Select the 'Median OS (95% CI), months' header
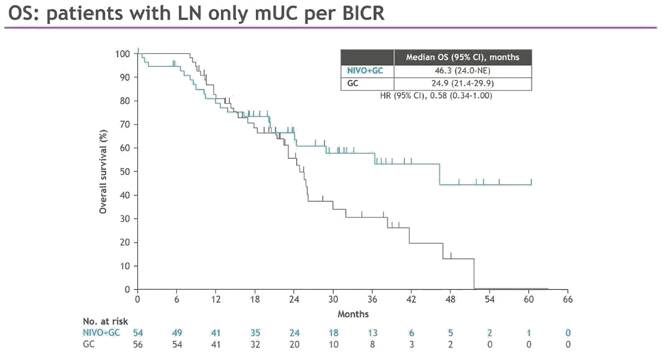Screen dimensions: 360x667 click(462, 57)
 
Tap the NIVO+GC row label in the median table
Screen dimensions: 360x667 click(366, 71)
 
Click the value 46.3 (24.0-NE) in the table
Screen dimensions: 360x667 click(462, 71)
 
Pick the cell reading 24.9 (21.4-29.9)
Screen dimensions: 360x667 click(462, 84)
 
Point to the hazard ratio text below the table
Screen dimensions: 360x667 click(436, 96)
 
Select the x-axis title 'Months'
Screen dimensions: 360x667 click(353, 314)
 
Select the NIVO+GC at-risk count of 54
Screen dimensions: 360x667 click(138, 333)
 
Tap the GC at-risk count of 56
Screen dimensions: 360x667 click(138, 344)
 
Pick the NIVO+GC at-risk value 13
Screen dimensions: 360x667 click(372, 333)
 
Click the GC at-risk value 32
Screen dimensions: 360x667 click(255, 344)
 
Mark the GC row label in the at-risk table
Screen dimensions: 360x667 click(89, 344)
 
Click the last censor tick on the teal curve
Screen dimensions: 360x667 click(532, 182)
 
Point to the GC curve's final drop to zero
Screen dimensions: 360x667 click(474, 274)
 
